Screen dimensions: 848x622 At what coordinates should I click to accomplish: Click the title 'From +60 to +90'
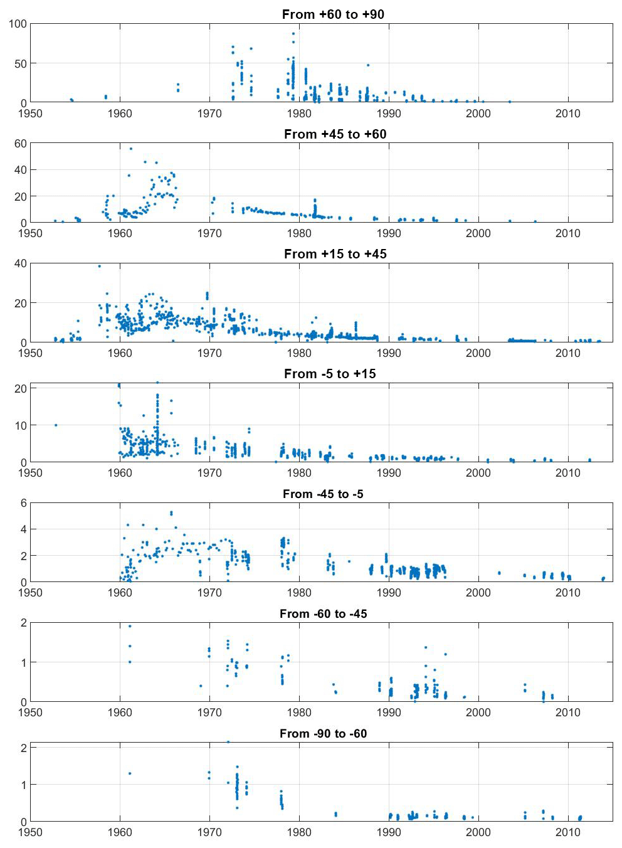333,14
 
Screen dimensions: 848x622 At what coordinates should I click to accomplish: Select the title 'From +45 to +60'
335,134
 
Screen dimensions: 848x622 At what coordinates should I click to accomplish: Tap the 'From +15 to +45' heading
335,253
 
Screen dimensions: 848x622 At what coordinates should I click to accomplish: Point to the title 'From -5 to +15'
330,373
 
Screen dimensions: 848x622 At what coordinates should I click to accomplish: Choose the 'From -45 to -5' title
323,494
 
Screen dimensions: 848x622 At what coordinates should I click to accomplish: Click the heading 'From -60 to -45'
323,613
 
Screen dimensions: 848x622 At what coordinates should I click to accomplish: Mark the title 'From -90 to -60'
323,733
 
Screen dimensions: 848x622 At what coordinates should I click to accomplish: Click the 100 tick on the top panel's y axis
18,24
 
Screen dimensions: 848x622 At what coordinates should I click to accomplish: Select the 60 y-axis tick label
21,144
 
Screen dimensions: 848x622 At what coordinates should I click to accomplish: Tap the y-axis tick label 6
24,503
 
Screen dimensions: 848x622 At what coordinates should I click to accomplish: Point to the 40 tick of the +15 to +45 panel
21,263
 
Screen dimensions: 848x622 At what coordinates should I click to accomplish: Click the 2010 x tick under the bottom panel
567,832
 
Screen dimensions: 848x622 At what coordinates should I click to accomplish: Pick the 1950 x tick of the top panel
30,114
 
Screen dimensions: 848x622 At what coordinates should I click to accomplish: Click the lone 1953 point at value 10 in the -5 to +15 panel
56,425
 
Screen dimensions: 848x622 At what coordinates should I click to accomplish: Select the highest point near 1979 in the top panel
293,34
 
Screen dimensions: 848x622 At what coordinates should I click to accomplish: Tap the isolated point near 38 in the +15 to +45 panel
99,266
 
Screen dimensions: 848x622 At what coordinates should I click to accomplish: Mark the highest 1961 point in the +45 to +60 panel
130,149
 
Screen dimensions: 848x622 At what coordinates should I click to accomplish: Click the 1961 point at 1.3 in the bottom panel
130,773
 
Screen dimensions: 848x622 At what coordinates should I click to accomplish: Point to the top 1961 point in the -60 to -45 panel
130,626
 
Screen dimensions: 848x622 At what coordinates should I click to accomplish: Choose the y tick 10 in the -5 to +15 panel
21,425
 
